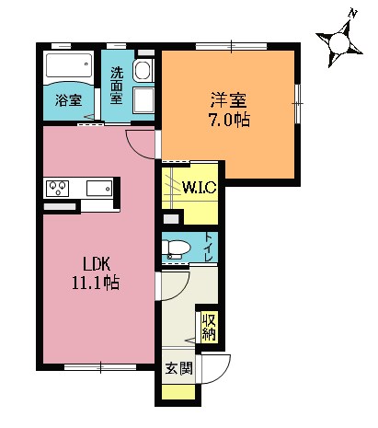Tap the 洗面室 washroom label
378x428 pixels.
pyautogui.click(x=118, y=84)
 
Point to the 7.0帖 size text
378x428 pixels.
pyautogui.click(x=228, y=119)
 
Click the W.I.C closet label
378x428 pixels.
pyautogui.click(x=199, y=188)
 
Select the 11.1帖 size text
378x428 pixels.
pyautogui.click(x=92, y=283)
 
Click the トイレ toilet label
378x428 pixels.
pyautogui.click(x=210, y=248)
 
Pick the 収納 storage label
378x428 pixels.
pyautogui.click(x=208, y=326)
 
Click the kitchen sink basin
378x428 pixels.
pyautogui.click(x=98, y=189)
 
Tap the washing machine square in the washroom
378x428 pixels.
pyautogui.click(x=144, y=100)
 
